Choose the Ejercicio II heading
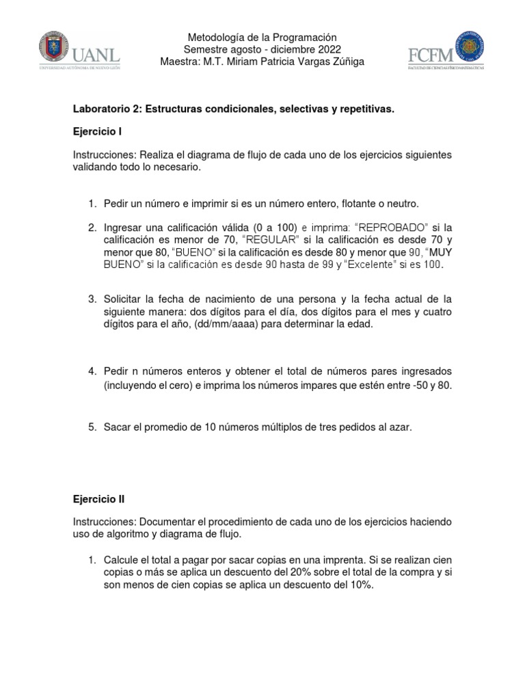[x=99, y=499]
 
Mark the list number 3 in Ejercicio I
[x=92, y=299]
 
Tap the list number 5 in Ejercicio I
[x=92, y=427]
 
